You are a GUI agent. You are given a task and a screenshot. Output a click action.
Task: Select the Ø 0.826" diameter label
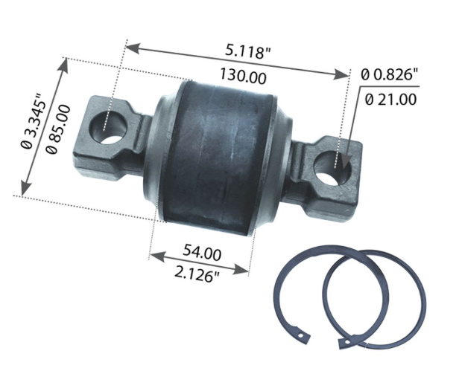(x=390, y=74)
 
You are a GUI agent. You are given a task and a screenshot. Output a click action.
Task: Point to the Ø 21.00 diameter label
(x=389, y=98)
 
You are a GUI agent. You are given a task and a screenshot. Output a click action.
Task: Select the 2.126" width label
(x=197, y=276)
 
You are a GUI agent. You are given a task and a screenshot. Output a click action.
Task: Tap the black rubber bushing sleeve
(x=216, y=152)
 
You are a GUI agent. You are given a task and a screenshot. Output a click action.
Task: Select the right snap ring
(x=373, y=297)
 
